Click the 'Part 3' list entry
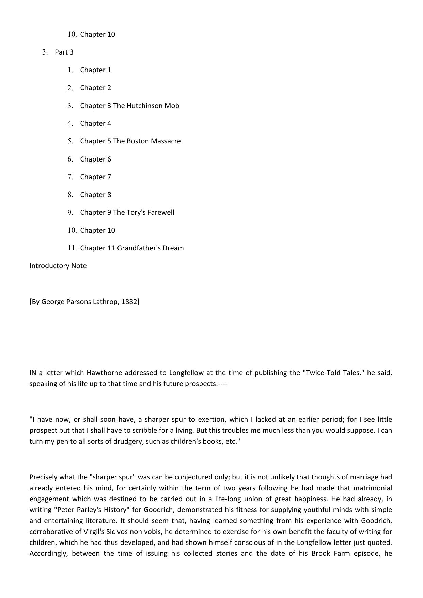64,52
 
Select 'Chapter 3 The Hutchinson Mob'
129,106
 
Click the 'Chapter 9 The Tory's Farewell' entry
127,212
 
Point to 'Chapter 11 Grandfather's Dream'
132,248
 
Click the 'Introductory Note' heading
58,266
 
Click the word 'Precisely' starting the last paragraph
44,477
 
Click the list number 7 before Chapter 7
70,177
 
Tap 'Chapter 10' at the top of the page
97,34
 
